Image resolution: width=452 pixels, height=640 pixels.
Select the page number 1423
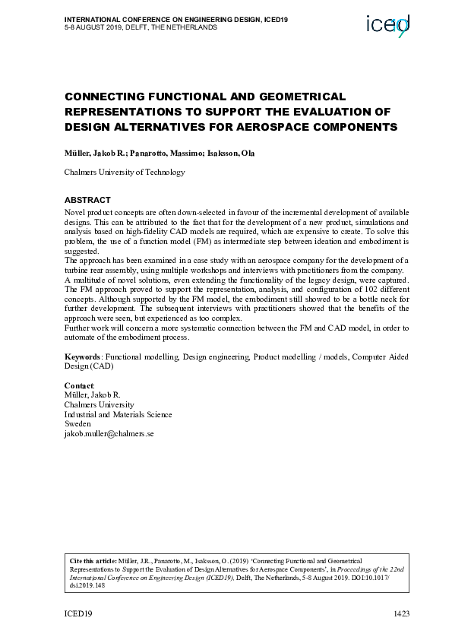tap(400, 613)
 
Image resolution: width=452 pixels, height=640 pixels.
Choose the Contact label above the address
tap(78, 386)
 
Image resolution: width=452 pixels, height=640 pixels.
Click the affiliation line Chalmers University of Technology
tap(124, 173)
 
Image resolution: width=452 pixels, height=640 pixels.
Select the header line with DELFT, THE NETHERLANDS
tap(141, 27)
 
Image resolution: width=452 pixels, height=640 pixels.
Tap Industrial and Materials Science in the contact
tap(118, 414)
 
